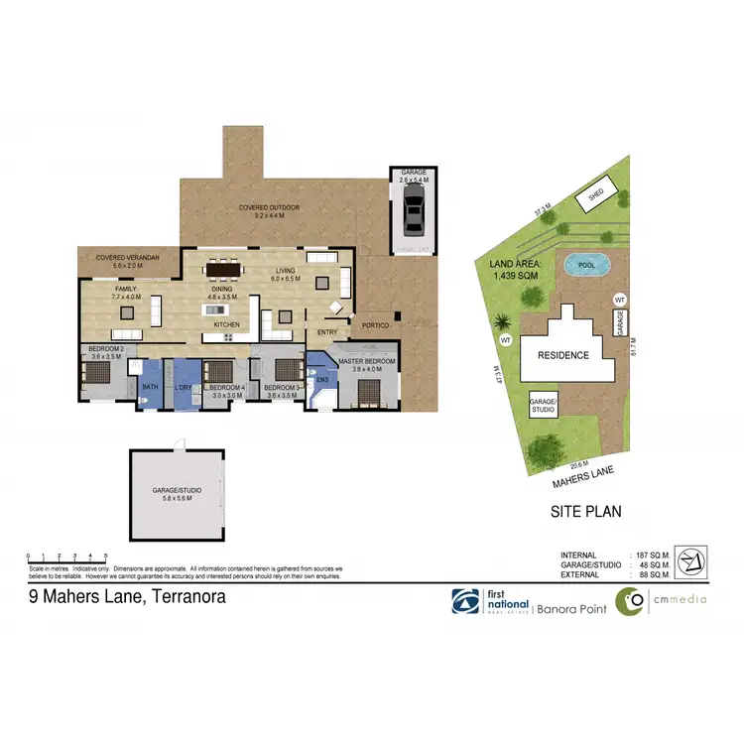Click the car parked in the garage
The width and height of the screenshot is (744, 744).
(412, 211)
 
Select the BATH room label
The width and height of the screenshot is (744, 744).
(150, 387)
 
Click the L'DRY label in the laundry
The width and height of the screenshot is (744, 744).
(183, 387)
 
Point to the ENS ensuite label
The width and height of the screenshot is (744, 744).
(321, 379)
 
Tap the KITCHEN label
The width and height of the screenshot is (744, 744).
(227, 325)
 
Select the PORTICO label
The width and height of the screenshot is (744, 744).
(375, 325)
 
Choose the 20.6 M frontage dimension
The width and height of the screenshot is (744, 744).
(580, 464)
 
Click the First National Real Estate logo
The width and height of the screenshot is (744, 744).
(489, 601)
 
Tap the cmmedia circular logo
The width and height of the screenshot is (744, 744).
(629, 601)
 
